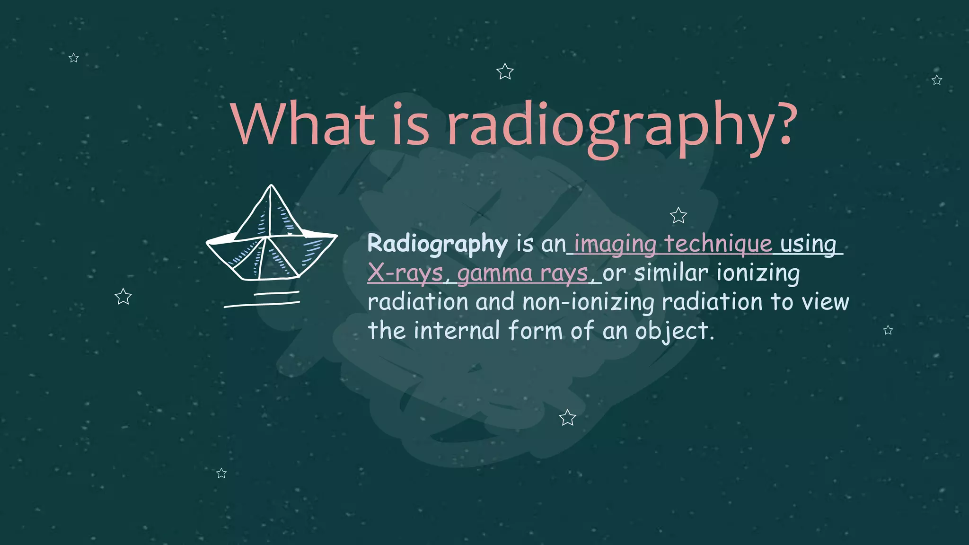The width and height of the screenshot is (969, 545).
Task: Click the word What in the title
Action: [303, 124]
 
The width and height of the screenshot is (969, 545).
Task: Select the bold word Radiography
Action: [437, 244]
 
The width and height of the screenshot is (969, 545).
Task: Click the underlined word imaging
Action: [615, 245]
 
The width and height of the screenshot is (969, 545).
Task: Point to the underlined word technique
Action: [718, 244]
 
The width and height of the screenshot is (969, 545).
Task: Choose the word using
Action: [808, 245]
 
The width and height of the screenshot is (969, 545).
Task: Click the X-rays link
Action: [405, 273]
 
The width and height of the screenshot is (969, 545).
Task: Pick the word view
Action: [825, 302]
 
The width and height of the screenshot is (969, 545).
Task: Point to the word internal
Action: [457, 330]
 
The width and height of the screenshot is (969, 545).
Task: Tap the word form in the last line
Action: [535, 330]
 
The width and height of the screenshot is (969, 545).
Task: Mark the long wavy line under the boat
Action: [261, 304]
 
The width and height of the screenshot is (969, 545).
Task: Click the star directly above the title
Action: [505, 72]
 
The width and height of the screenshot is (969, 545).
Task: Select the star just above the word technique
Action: [678, 216]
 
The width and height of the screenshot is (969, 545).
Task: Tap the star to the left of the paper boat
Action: [123, 297]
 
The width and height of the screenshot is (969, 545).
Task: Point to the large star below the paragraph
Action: [567, 418]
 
